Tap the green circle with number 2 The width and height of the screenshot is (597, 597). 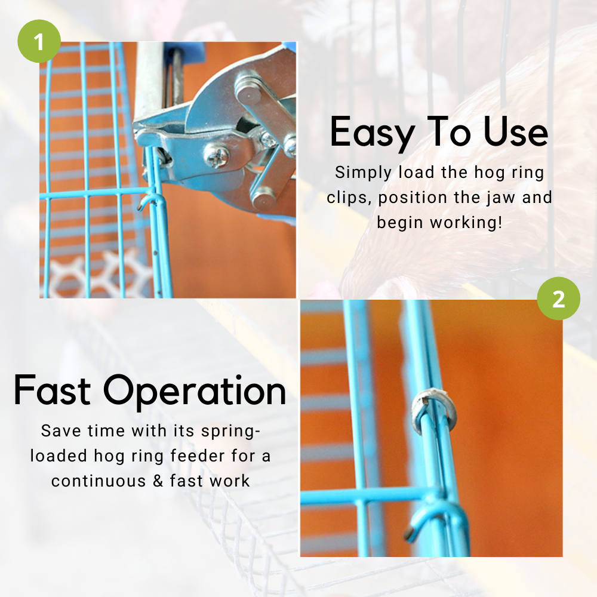pyautogui.click(x=558, y=298)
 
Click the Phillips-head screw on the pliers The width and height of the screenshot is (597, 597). pyautogui.click(x=216, y=156)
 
